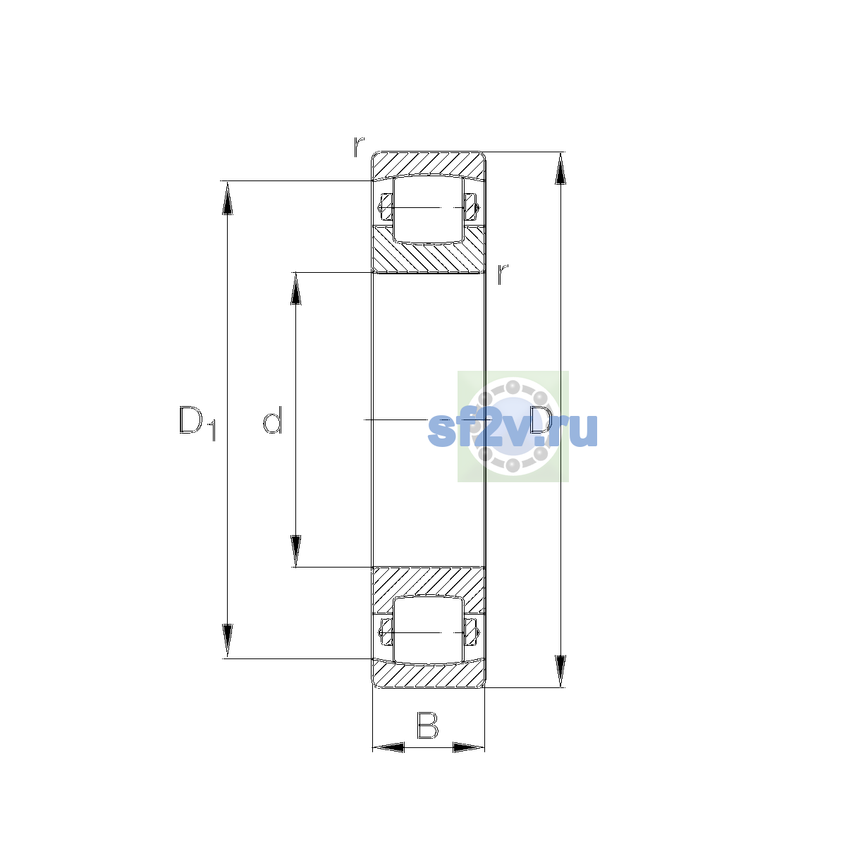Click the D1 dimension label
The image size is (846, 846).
point(197,423)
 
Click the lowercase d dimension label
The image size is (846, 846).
point(272,420)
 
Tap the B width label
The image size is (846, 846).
point(427,725)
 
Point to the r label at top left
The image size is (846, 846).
point(359,147)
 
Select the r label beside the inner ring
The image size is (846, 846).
point(502,274)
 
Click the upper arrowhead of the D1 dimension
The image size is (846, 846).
point(227,198)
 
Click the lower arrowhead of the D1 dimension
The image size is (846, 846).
point(227,641)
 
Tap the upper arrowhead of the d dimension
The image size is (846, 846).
point(296,289)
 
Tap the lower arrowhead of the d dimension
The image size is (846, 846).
point(296,551)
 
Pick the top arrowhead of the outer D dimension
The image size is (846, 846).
point(560,168)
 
